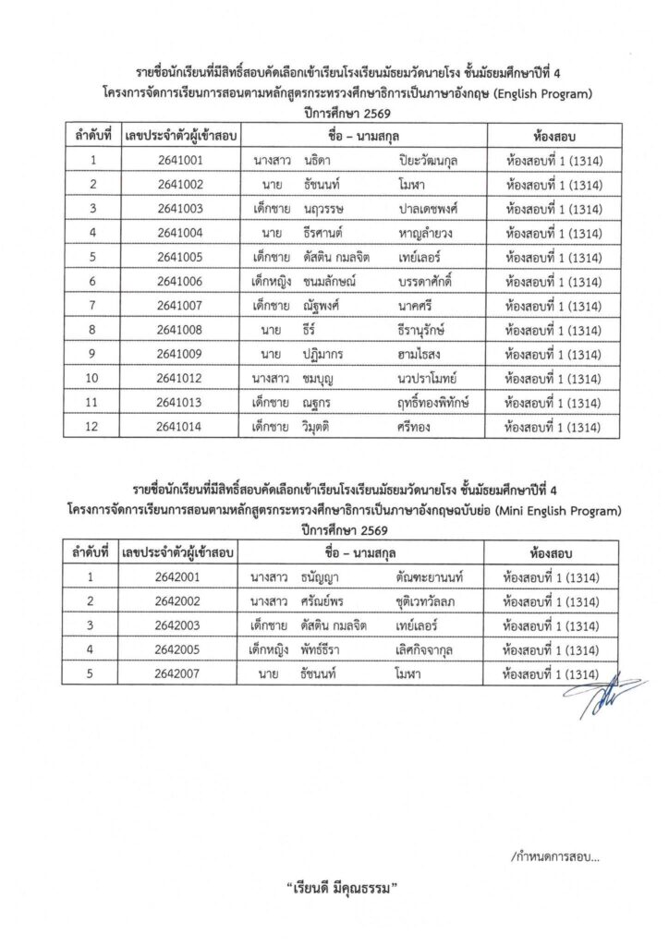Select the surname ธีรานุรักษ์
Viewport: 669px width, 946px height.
tap(426, 328)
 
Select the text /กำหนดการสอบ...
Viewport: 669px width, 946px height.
tap(554, 856)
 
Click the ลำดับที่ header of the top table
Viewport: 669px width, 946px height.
tap(93, 135)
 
